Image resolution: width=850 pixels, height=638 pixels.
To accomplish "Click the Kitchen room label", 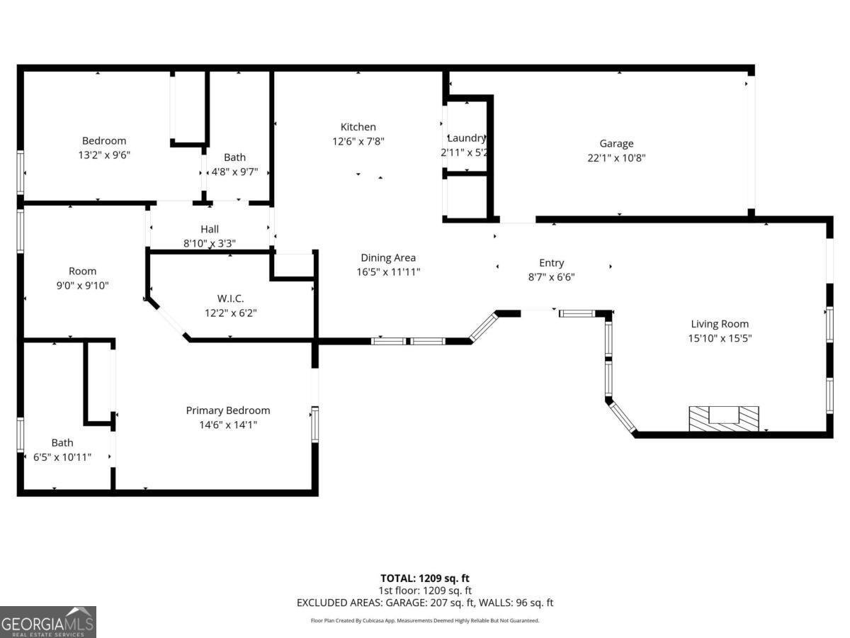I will click(358, 127).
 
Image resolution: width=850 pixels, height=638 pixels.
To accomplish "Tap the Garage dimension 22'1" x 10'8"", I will click(616, 158).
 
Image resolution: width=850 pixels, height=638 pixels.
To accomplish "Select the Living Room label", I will click(720, 324).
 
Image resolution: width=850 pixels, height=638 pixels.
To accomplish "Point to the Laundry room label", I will click(466, 138).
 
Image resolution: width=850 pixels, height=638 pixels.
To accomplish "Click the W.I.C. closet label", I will click(231, 298).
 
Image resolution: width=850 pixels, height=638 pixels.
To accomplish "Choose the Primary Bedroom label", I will click(227, 410).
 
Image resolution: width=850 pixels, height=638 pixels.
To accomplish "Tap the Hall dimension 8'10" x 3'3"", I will click(209, 243).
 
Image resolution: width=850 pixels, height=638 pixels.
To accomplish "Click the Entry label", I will click(551, 262).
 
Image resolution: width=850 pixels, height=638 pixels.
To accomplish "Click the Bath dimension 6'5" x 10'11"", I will click(62, 457).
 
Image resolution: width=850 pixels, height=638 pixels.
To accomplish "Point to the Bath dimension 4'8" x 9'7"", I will click(235, 172).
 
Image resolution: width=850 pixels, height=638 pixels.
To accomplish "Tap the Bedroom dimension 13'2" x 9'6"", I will click(104, 155).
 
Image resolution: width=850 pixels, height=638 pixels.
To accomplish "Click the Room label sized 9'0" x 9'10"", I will click(82, 271).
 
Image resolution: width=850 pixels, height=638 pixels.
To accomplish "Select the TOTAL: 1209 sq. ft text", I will click(425, 578).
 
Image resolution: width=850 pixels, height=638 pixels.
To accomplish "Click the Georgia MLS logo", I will click(47, 622).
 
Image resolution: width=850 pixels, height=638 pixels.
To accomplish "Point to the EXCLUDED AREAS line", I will click(425, 603).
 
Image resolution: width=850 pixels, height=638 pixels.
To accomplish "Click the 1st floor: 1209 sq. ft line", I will click(425, 590).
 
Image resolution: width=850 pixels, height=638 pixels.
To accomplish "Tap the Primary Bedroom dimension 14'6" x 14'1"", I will click(227, 425).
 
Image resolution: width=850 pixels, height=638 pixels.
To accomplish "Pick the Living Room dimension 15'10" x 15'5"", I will click(720, 338).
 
